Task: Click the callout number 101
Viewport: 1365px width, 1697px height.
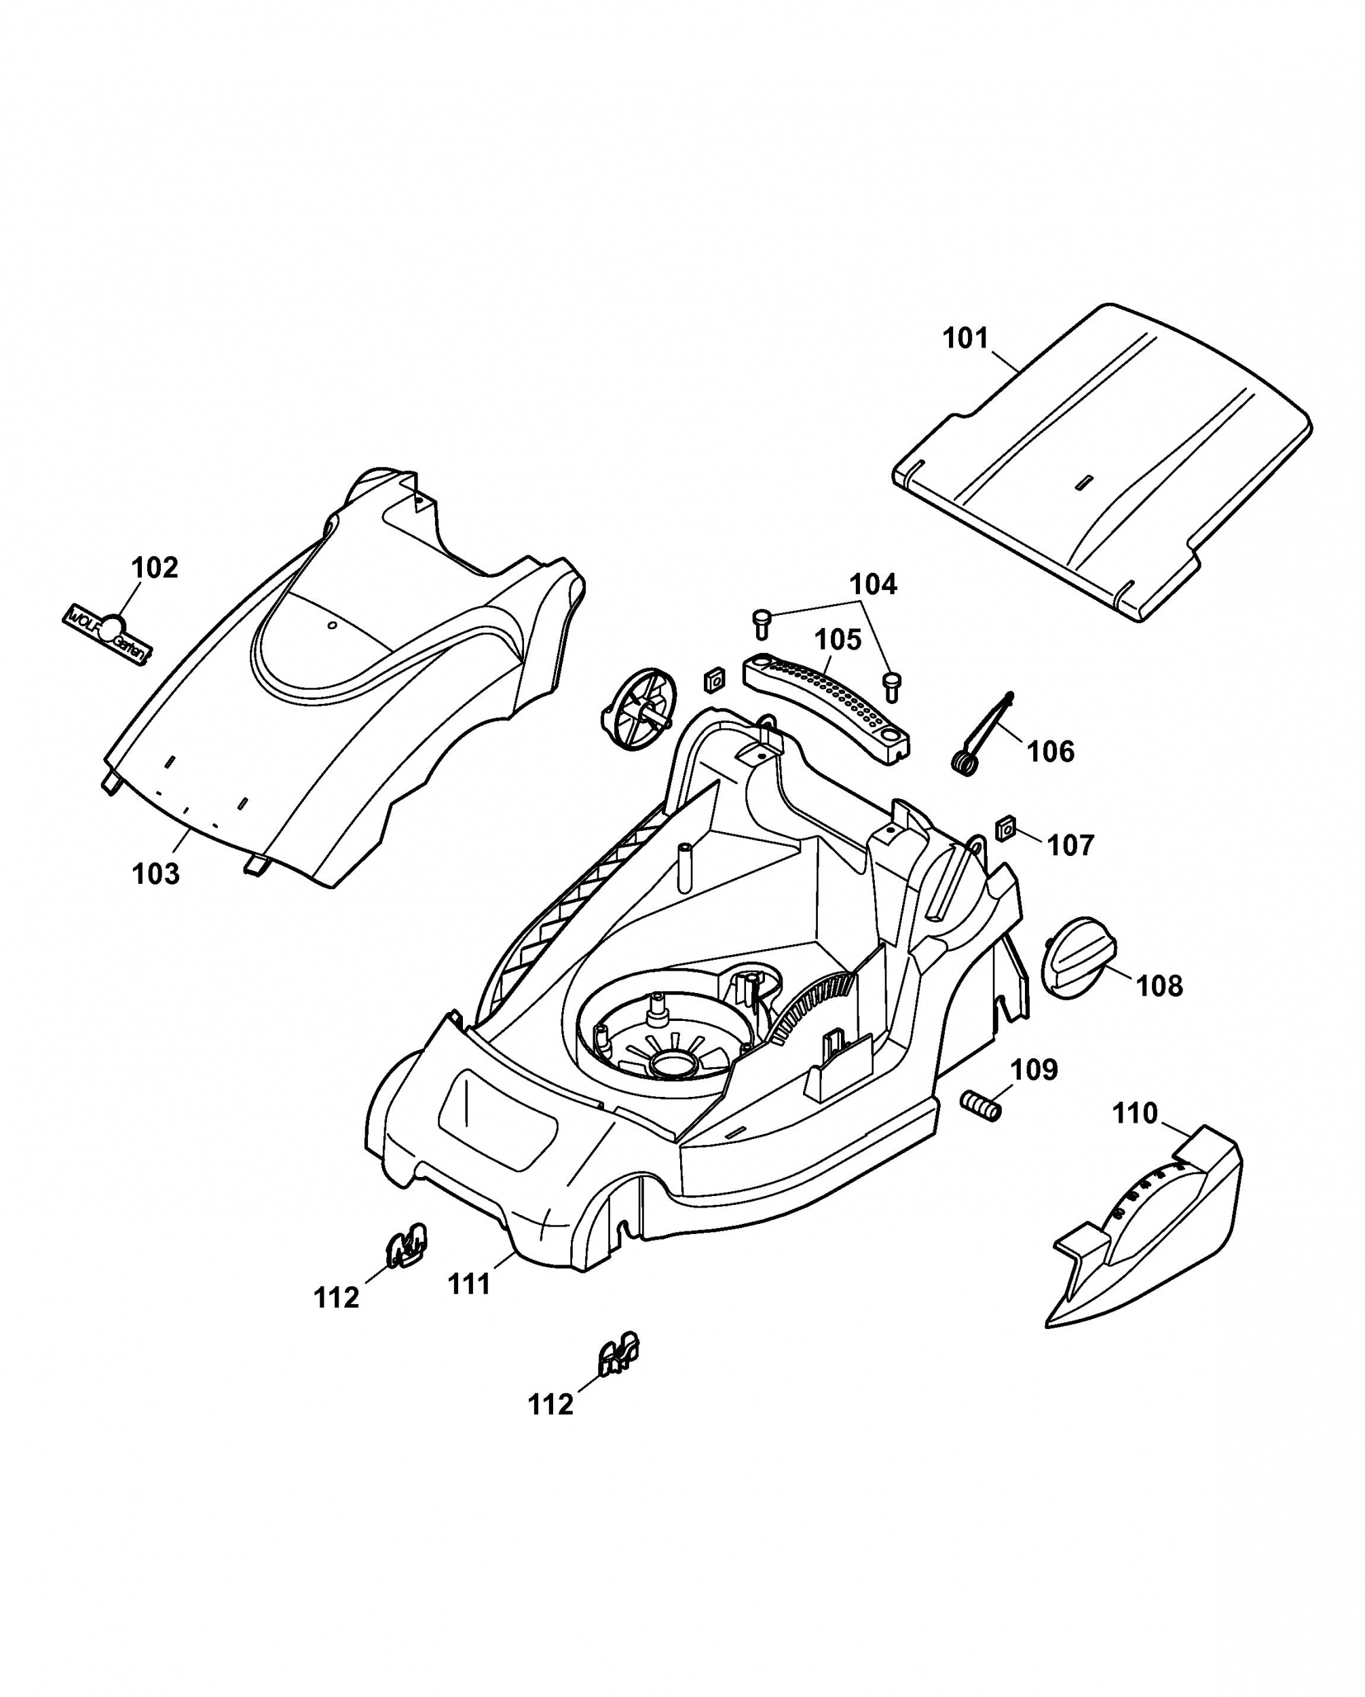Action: [965, 339]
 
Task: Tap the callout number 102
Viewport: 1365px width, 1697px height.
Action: [154, 567]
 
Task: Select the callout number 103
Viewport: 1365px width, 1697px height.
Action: [156, 874]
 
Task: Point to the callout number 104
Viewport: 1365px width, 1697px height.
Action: [873, 585]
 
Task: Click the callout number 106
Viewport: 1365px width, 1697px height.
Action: [1051, 751]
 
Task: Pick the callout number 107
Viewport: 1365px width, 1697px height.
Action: [1070, 846]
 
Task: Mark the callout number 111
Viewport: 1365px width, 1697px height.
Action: [469, 1284]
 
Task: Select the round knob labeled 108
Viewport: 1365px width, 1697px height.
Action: [1079, 958]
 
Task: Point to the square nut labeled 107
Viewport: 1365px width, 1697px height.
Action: [1005, 829]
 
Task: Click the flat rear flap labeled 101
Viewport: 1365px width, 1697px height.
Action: [1102, 464]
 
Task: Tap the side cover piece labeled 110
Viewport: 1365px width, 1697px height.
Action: [1149, 1244]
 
